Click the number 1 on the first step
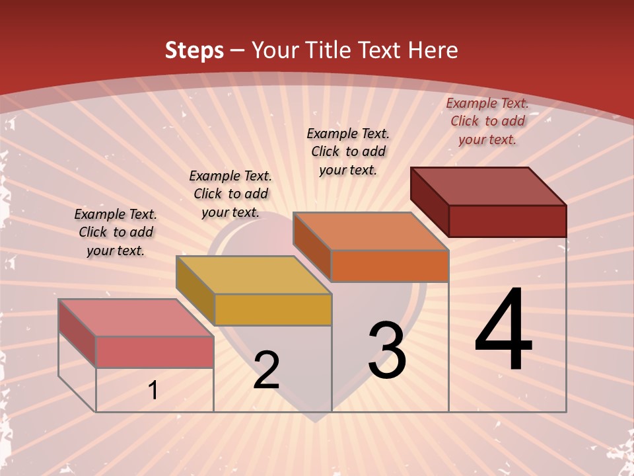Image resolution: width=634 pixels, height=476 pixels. pos(153,391)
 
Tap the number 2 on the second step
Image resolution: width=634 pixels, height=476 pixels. pos(266,370)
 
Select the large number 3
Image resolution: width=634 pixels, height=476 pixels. pos(386,350)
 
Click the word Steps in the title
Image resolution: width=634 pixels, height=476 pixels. pos(194,50)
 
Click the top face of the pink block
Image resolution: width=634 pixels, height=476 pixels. pos(136,317)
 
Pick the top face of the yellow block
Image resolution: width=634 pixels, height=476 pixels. pos(254,275)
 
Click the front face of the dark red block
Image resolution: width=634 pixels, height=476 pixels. pos(507,221)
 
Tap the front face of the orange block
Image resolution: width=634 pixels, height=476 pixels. pos(390,266)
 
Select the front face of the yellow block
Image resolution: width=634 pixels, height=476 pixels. pos(272,309)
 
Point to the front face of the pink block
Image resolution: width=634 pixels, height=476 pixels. pos(155,352)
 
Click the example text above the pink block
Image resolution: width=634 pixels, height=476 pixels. pos(116,233)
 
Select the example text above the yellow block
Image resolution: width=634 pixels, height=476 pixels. pos(230,194)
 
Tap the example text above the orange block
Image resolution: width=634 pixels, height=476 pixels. pos(348,151)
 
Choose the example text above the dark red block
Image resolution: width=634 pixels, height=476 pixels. pos(487,121)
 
